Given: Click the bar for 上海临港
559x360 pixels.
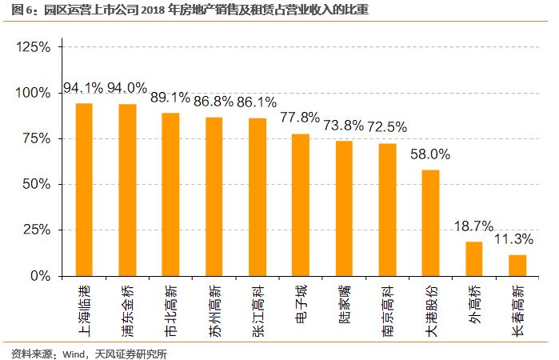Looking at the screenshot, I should tap(84, 190).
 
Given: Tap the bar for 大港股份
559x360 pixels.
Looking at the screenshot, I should tap(430, 222).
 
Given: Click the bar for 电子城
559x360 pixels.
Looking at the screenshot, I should tap(301, 205).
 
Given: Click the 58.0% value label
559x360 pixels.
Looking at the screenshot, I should tap(430, 154).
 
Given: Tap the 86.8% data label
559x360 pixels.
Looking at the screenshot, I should tap(214, 102).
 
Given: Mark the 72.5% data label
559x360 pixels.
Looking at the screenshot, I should tap(387, 126).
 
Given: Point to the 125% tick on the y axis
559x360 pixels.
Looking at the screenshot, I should tap(34, 47).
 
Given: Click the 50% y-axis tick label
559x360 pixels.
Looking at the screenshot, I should tap(37, 184).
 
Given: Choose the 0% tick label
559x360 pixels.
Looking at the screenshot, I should tap(41, 276).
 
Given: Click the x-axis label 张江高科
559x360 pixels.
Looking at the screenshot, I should tap(258, 306).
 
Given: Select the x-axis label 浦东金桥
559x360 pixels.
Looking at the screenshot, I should tap(127, 306).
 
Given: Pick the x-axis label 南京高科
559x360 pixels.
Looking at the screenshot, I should tap(387, 306).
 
